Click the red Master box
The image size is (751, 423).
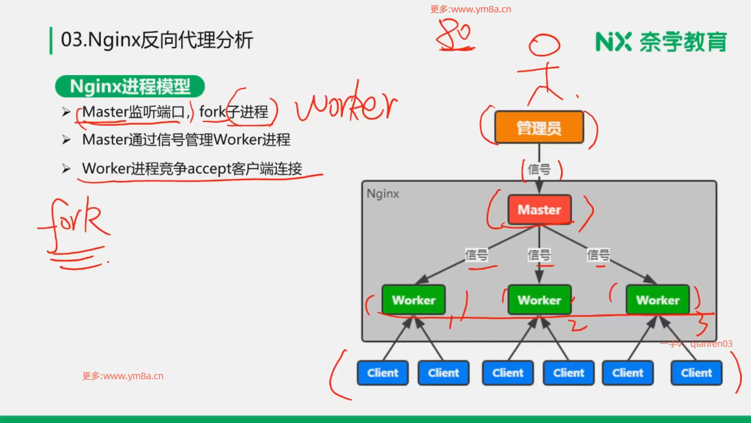pyautogui.click(x=539, y=210)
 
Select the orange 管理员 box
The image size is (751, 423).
pyautogui.click(x=539, y=128)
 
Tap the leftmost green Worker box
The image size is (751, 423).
pyautogui.click(x=413, y=300)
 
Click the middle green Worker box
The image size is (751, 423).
pyautogui.click(x=539, y=300)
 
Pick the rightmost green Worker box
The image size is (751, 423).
pyautogui.click(x=658, y=300)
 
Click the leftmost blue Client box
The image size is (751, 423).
pyautogui.click(x=383, y=373)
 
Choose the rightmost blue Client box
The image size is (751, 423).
pyautogui.click(x=696, y=373)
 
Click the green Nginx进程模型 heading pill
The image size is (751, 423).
pyautogui.click(x=130, y=86)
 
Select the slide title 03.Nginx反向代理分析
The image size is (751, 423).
pyautogui.click(x=157, y=40)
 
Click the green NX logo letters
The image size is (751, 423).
pyautogui.click(x=613, y=42)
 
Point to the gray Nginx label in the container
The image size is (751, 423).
pyautogui.click(x=383, y=194)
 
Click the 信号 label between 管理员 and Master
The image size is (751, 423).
pyautogui.click(x=539, y=170)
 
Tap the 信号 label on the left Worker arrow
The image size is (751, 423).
pyautogui.click(x=476, y=255)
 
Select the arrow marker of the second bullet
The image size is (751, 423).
pyautogui.click(x=66, y=140)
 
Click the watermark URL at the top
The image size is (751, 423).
pyautogui.click(x=471, y=9)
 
